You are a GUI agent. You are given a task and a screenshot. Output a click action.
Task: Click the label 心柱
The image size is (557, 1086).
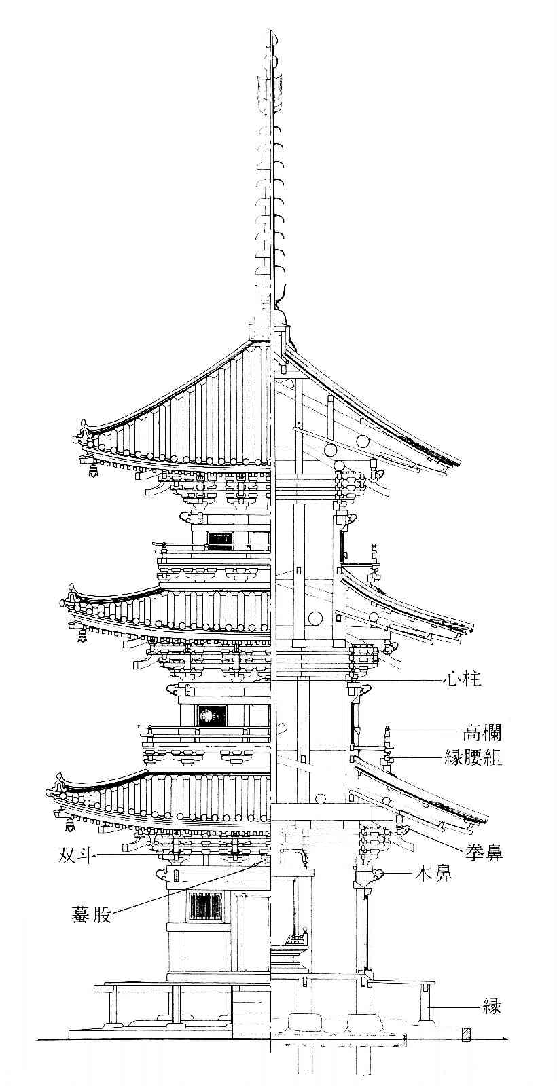[x=461, y=679]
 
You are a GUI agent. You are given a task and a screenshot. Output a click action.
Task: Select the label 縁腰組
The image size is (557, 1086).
[x=473, y=757]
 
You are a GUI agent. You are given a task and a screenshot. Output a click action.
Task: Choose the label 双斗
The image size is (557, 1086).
[x=76, y=857]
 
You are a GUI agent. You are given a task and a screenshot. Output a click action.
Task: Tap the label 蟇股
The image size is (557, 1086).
[x=92, y=914]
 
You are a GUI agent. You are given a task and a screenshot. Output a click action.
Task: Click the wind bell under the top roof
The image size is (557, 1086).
[x=92, y=469]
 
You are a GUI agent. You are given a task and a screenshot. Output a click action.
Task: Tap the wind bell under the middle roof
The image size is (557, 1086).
[x=82, y=634]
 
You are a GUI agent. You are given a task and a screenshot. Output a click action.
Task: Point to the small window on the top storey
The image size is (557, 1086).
[x=220, y=538]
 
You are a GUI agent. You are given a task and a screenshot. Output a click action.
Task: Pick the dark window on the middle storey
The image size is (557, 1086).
[x=212, y=715]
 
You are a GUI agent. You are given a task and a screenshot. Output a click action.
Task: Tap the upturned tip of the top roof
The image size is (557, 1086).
[x=84, y=423]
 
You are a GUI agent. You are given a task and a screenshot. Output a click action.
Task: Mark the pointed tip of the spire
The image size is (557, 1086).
[x=271, y=32]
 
